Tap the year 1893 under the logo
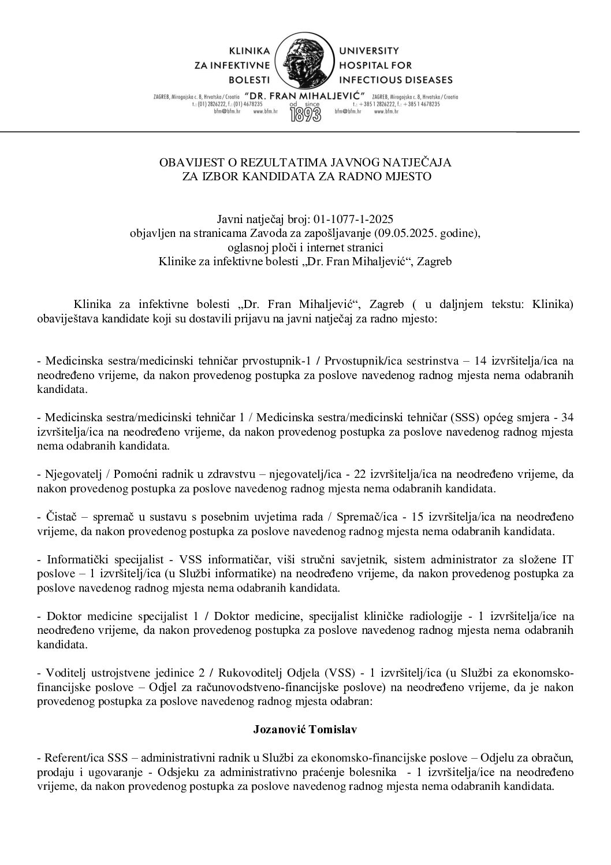tap(305, 113)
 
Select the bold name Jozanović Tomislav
tap(305, 729)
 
